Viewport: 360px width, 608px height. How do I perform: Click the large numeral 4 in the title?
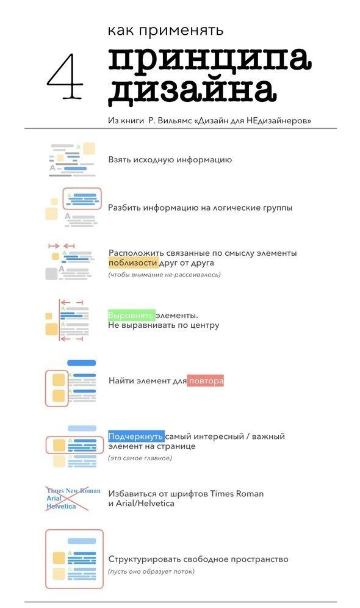coord(65,76)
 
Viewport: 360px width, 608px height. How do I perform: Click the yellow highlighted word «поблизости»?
coord(133,263)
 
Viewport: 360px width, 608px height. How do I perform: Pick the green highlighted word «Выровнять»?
coord(131,315)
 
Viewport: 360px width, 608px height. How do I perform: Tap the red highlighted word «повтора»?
coord(206,381)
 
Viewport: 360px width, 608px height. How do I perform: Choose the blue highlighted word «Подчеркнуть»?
coord(136,436)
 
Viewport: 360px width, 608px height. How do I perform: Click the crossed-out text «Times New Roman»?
coord(73,491)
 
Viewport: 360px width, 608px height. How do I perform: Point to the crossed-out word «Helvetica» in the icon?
coord(61,506)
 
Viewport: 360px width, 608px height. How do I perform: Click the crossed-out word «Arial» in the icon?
coord(54,498)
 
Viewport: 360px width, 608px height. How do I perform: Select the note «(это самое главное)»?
coord(140,458)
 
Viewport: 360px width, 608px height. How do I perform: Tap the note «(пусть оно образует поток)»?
coord(151,571)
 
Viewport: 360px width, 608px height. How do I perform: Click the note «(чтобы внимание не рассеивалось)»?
coord(164,275)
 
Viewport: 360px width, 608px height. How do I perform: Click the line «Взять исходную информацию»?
coord(170,160)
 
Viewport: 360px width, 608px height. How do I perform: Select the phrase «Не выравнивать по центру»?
coord(164,325)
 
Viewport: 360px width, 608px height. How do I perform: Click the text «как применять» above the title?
coord(165,31)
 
